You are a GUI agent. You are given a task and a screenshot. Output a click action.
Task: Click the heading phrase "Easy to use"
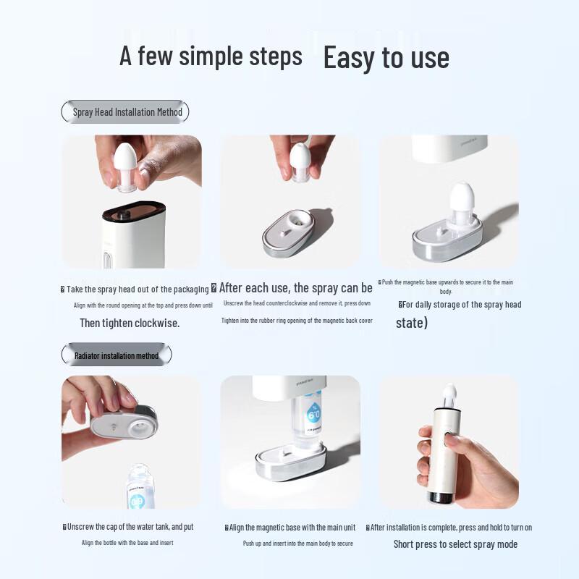(386, 58)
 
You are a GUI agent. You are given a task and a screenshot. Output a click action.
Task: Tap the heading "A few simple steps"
(211, 56)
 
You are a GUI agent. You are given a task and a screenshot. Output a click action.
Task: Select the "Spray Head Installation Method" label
(127, 112)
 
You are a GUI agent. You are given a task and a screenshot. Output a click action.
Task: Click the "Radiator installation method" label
(117, 355)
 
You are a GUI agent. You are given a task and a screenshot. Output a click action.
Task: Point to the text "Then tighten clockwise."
(130, 323)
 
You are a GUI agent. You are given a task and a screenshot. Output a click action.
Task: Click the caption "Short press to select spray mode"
(455, 544)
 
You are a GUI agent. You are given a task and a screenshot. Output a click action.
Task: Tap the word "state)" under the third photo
(412, 323)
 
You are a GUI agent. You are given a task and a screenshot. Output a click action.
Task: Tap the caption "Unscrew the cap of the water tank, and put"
(130, 527)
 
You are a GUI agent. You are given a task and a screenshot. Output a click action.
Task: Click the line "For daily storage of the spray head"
(461, 305)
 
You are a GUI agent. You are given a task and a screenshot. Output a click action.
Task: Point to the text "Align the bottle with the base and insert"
(127, 543)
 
